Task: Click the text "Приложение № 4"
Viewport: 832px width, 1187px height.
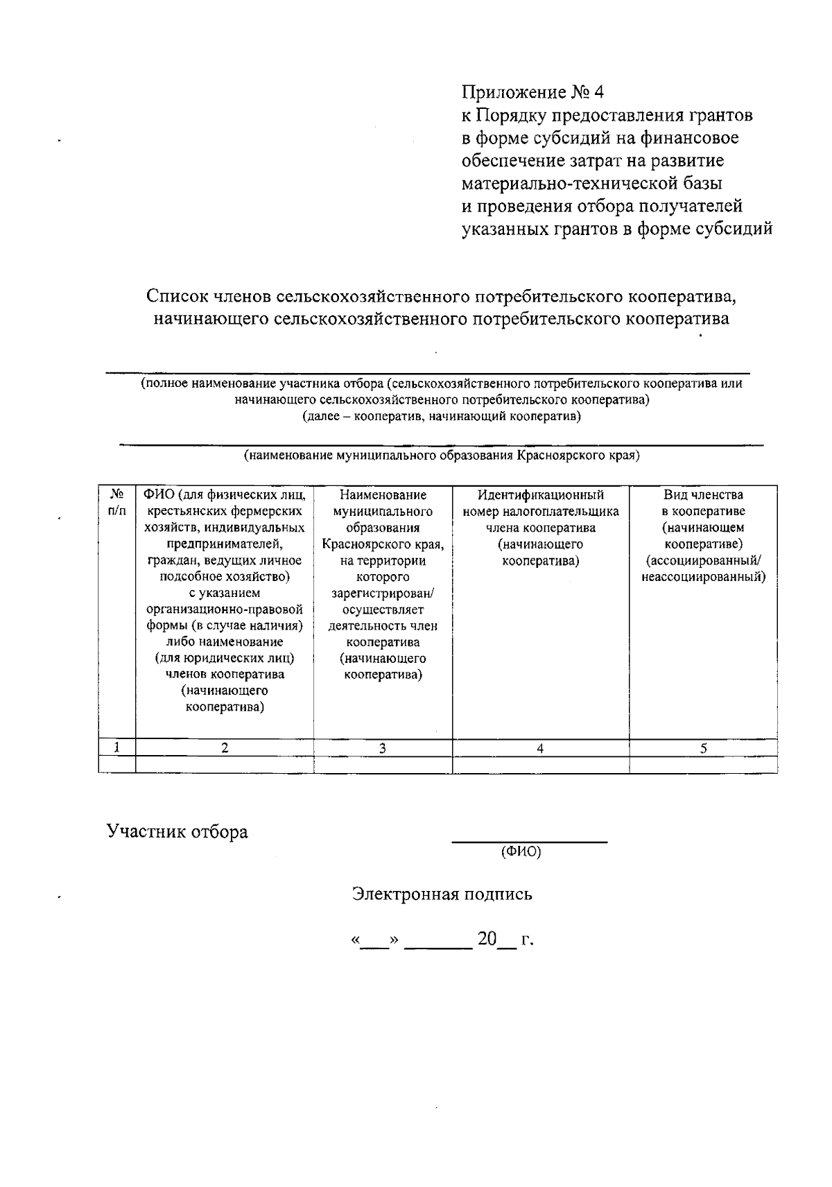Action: click(533, 92)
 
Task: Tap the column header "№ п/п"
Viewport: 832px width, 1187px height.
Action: click(117, 503)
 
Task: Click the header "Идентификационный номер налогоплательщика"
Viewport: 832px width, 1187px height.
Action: click(541, 527)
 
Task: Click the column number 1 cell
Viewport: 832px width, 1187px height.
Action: click(117, 747)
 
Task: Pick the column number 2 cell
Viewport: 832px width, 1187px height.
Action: click(225, 747)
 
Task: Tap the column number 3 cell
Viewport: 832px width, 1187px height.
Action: click(382, 748)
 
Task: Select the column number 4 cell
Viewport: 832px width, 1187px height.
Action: click(540, 748)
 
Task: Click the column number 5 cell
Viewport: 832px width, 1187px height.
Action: click(703, 748)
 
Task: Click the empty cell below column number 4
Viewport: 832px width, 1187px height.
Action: click(540, 764)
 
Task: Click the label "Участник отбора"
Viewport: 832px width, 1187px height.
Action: click(177, 831)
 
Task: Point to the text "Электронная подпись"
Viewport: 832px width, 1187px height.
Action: click(442, 894)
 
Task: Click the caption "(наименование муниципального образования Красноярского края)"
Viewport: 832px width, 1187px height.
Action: click(441, 456)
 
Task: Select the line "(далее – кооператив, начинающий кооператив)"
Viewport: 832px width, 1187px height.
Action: click(441, 417)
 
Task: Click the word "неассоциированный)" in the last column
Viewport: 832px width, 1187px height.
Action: click(703, 577)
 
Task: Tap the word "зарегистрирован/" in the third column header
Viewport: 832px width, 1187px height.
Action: click(382, 593)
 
